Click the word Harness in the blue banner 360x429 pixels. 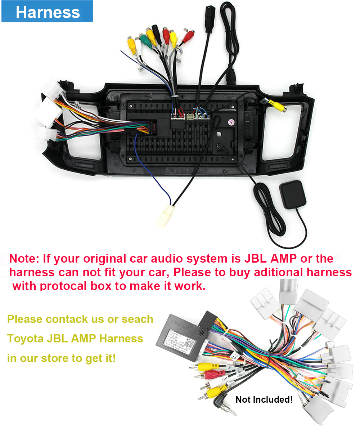[x=48, y=13]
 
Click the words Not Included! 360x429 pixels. [x=264, y=399]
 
